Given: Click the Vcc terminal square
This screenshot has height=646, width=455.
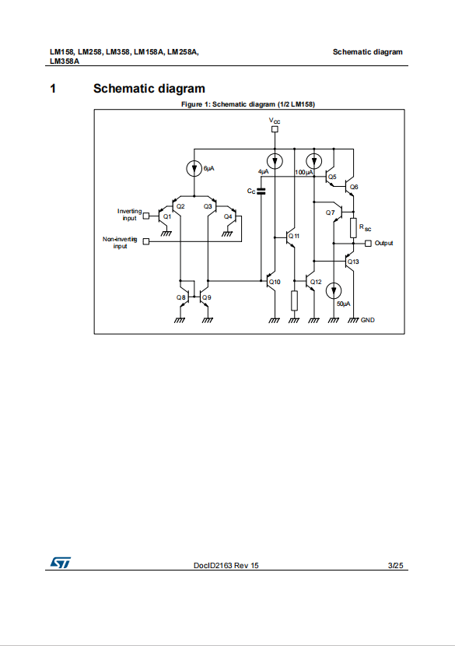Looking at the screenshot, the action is coord(275,129).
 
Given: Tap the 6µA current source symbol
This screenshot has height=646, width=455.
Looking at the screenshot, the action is coord(194,168).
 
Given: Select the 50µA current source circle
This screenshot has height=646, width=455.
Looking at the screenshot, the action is coord(334,291).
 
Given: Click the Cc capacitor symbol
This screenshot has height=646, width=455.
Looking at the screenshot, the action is coord(261,191).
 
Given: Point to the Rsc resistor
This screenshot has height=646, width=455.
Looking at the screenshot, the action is coord(353,228).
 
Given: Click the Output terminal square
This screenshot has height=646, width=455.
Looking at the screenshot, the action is coord(368,244).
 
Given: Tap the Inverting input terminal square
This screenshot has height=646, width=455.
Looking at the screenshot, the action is coord(145,216).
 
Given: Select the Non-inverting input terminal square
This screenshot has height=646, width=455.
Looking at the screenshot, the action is coord(145,241).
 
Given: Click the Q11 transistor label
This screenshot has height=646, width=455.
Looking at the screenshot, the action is coord(294,236).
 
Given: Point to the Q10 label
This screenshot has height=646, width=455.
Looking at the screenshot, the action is coord(275,282).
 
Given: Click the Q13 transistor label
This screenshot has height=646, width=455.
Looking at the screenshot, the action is coord(353,262).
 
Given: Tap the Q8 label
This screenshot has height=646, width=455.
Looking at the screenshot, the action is coord(181,297).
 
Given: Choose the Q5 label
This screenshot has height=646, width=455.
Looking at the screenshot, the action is coord(332,177).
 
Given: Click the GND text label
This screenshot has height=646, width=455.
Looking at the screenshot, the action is coord(368,320).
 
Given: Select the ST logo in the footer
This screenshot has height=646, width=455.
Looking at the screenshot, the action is coord(61,563).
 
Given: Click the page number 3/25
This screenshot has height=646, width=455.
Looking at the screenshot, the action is coord(396,566).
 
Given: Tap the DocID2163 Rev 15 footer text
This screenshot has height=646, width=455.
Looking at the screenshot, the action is coord(226,566).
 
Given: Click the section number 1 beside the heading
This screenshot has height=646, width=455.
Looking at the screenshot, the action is coord(53,89).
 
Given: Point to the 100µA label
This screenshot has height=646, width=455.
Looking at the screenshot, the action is coord(304,172).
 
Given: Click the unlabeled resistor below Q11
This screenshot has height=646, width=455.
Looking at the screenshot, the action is coord(294,300).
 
